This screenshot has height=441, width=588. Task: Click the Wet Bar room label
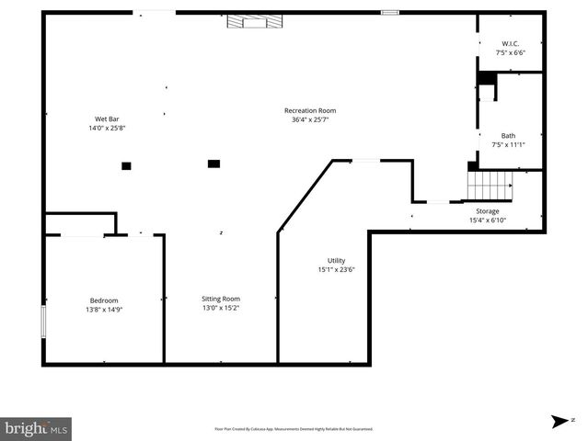coord(107,119)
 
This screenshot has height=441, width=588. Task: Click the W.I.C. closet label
coord(509,44)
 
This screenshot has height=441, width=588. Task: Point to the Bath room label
coord(508,135)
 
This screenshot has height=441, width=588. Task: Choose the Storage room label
coord(487,211)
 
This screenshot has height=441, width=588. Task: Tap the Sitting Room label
coord(221,299)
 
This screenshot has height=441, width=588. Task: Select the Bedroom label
coord(104,300)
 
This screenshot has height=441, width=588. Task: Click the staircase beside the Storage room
coord(488,187)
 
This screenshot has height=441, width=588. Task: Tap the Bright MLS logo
coord(36,428)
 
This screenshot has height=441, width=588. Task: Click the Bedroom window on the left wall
coord(43,322)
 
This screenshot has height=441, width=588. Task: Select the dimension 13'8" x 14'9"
coord(104,310)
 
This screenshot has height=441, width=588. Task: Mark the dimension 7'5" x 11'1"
coord(508,144)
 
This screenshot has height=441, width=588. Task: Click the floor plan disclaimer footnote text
coord(294,428)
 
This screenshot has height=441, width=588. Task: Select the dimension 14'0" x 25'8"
coord(107,128)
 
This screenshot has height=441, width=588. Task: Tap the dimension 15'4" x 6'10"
coord(487,220)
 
